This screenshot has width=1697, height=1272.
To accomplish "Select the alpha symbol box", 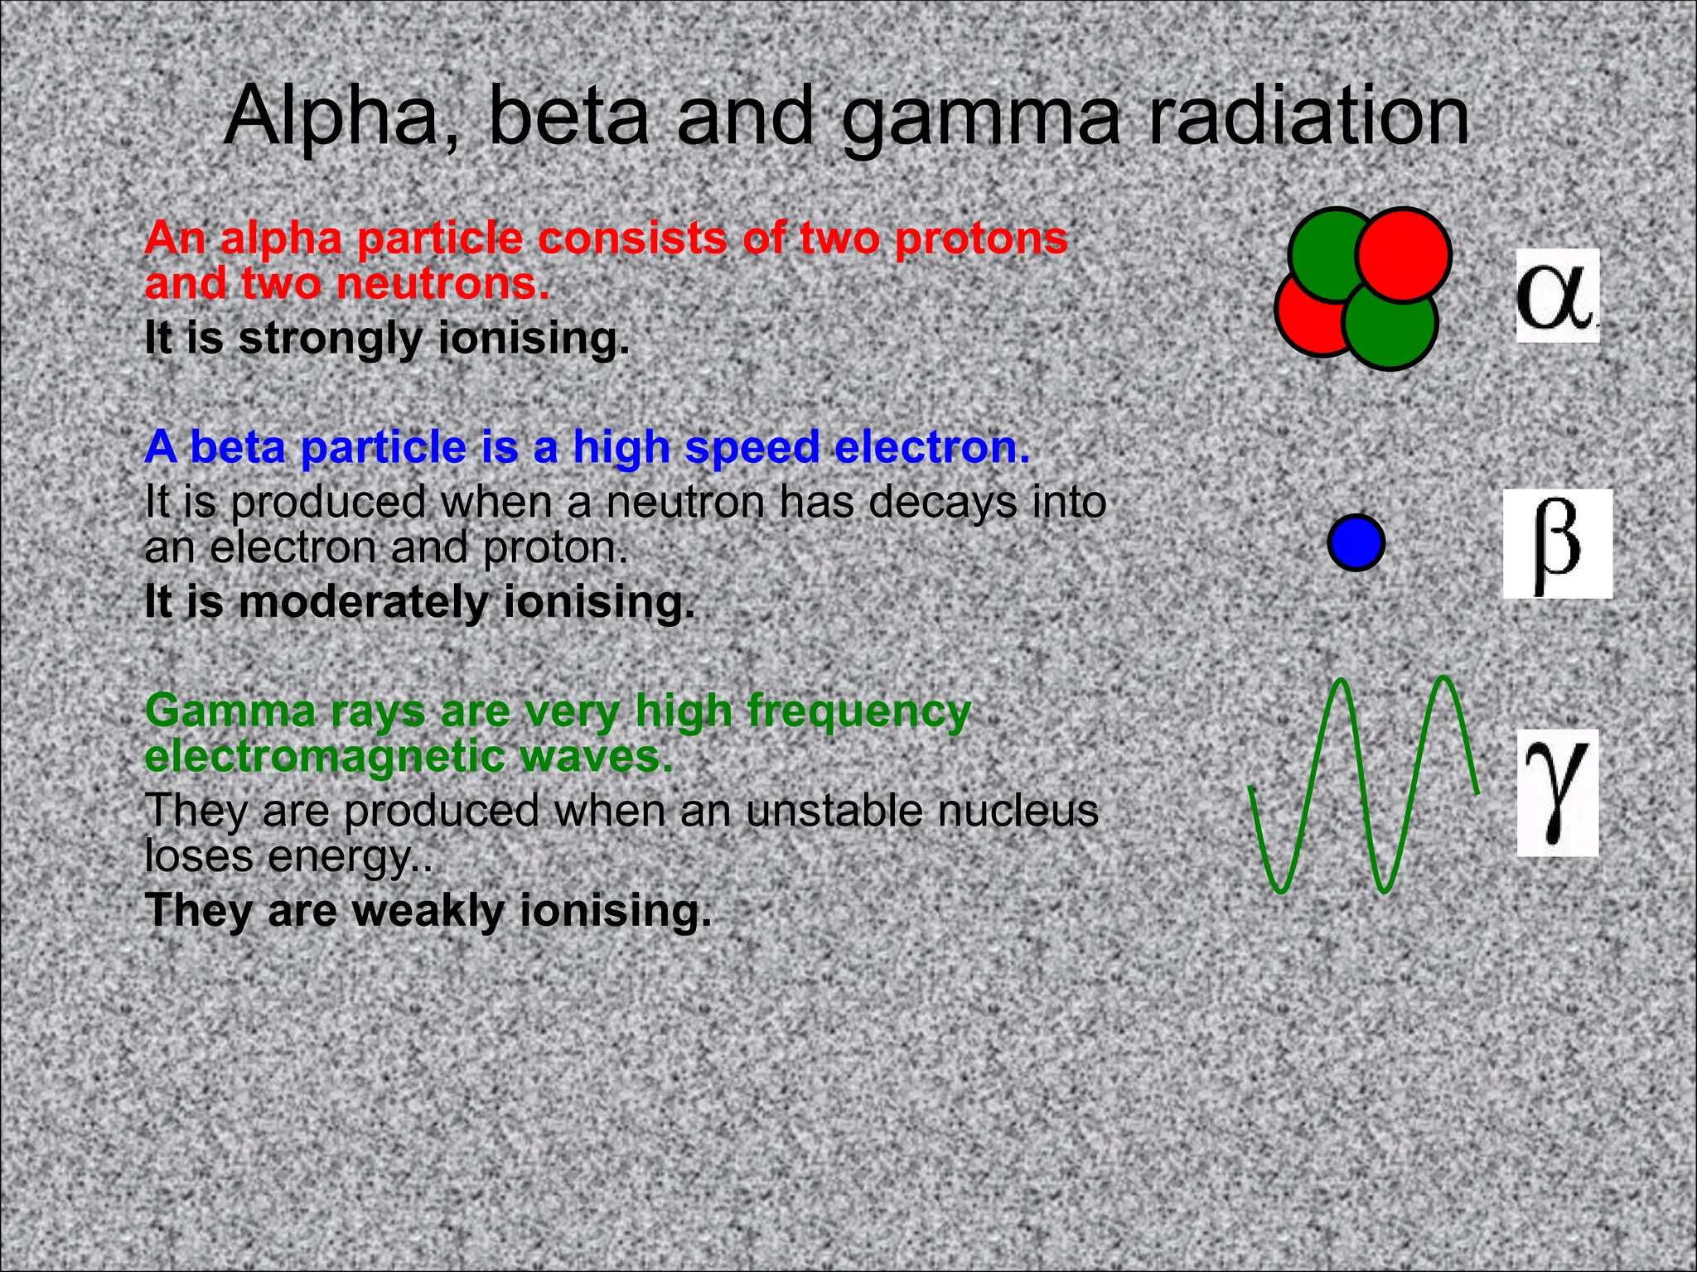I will tap(1557, 296).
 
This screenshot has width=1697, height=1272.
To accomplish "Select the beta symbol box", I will tap(1557, 543).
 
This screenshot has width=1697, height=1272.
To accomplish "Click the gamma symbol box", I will tap(1557, 792).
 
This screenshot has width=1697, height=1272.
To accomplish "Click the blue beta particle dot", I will tap(1356, 543).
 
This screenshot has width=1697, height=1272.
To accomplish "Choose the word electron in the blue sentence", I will tap(931, 447).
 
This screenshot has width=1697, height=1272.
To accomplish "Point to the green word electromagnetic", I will tap(325, 757).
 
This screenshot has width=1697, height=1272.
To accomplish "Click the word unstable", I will tap(834, 811).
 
